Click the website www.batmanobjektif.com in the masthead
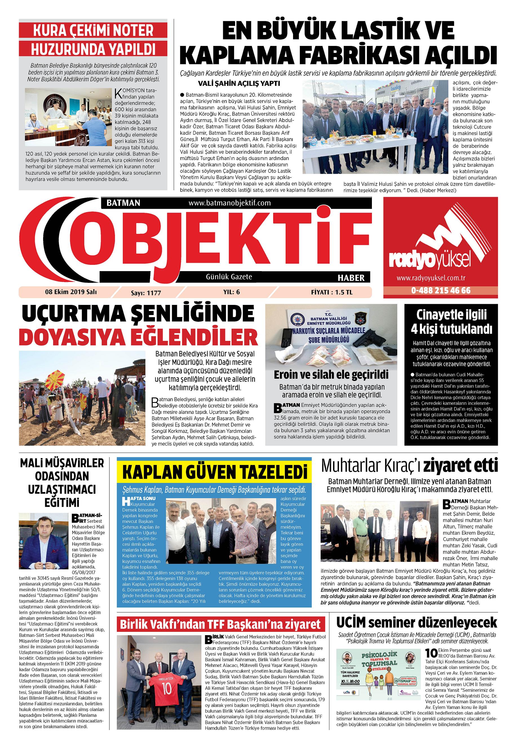[229, 203]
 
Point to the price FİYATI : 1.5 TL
[331, 292]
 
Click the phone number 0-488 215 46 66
[441, 291]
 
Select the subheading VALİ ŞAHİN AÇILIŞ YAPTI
[239, 83]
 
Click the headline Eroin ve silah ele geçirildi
[331, 375]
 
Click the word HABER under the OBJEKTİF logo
[351, 278]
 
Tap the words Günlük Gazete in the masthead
[229, 277]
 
